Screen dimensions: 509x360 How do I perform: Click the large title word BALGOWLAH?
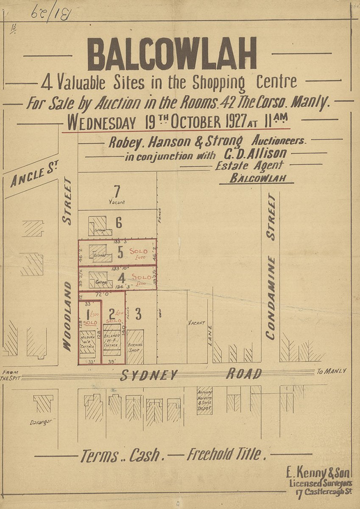coord(172,54)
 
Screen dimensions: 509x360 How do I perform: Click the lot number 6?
coord(119,222)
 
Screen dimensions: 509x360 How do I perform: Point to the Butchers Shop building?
coord(135,347)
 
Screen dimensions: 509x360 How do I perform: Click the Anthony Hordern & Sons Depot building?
coord(205,400)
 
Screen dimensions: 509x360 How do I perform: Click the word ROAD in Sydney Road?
coord(243,374)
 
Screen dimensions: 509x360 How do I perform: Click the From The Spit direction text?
coord(9,375)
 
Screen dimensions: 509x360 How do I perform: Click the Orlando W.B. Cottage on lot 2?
coord(112,345)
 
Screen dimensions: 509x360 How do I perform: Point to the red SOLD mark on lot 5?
coord(138,251)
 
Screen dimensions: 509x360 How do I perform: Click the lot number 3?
coord(138,314)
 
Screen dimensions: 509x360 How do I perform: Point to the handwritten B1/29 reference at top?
coord(51,13)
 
